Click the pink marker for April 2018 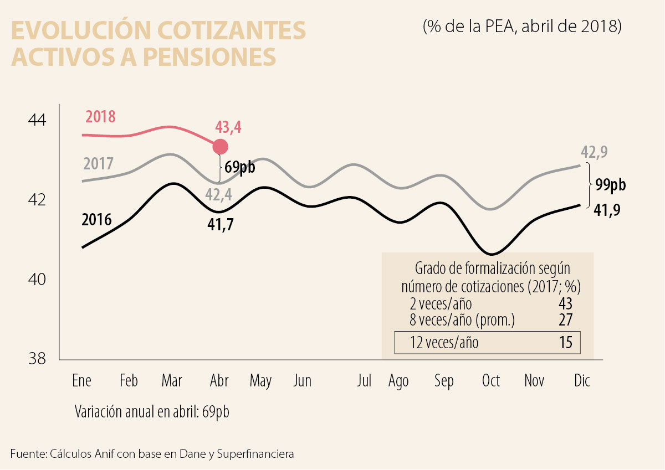[x=221, y=147]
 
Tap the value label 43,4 [x=229, y=128]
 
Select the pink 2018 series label [x=100, y=117]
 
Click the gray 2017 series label [x=99, y=164]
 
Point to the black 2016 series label [x=96, y=220]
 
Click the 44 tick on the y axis [x=38, y=120]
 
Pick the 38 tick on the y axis [x=38, y=359]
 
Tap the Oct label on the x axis [x=491, y=381]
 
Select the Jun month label [x=303, y=381]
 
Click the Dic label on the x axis [x=582, y=381]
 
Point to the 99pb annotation [x=610, y=185]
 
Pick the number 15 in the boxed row [x=565, y=343]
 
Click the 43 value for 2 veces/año [x=565, y=304]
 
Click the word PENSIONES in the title [x=210, y=57]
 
